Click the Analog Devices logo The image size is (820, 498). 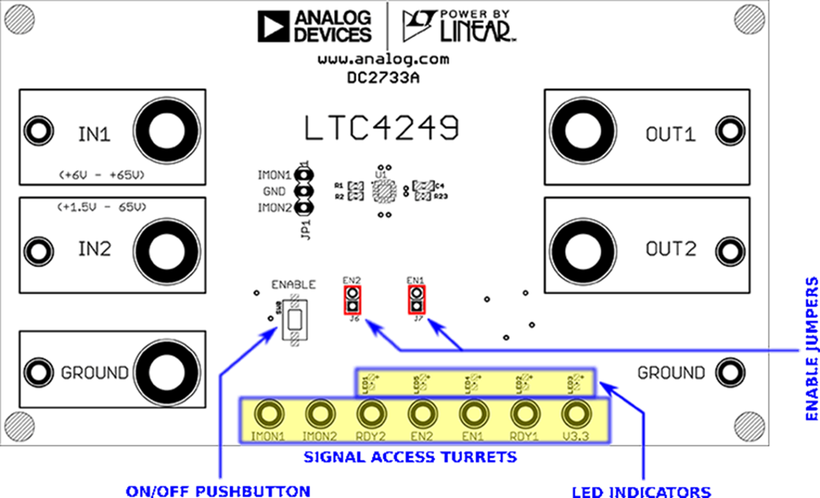pos(314,26)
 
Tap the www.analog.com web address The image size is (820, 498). pos(383,58)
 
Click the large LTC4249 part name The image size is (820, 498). pos(381,128)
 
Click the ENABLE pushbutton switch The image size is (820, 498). pos(294,320)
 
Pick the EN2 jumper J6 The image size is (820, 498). pos(352,301)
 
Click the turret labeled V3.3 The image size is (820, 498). pos(575,413)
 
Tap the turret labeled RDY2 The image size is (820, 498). pos(370,413)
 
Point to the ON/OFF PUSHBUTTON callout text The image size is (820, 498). pos(218,491)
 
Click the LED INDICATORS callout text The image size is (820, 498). pos(641,491)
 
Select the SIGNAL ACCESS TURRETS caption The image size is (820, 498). pos(410,455)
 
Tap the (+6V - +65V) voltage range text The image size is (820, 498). pos(101,175)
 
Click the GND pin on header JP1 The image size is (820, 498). pos(303,191)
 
